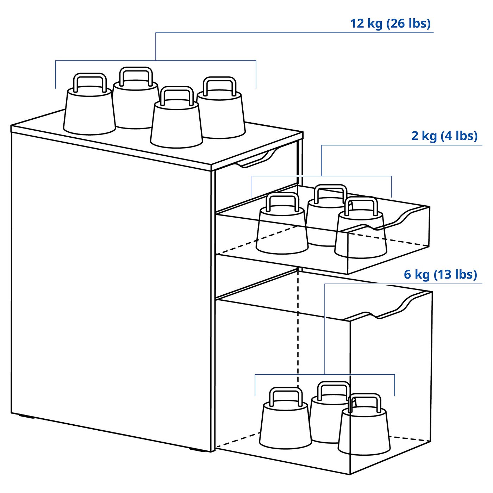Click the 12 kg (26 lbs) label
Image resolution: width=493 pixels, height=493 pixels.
pos(390,24)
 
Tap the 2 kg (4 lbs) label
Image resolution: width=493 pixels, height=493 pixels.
pos(444,136)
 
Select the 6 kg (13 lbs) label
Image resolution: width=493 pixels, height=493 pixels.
pos(440,274)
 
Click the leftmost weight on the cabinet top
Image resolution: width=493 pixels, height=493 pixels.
pos(89,111)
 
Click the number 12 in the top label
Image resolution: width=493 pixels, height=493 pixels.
pos(357,24)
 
